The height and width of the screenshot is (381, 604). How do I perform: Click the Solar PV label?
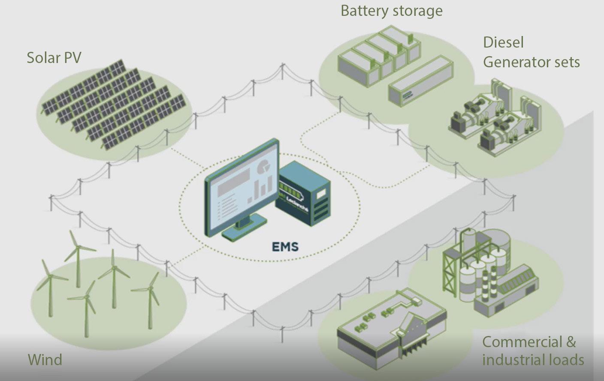54,57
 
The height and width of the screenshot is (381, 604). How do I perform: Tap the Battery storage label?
391,10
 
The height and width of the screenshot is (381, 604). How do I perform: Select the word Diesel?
503,42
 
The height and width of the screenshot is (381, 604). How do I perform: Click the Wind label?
45,359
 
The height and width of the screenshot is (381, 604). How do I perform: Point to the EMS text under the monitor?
285,246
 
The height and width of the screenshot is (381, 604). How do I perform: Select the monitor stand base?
243,231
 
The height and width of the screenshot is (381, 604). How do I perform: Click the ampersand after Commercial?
571,342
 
